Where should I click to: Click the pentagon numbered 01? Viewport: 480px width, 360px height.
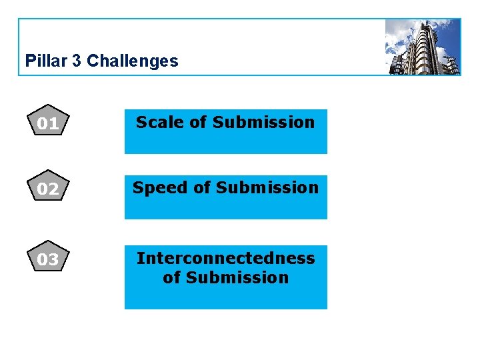click(x=47, y=121)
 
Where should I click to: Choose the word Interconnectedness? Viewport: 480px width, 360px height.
click(x=225, y=258)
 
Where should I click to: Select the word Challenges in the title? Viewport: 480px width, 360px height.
click(x=133, y=61)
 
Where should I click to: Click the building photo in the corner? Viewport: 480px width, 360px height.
click(x=423, y=47)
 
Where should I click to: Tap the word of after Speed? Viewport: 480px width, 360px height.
click(x=201, y=188)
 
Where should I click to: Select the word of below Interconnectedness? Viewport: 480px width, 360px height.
click(x=171, y=277)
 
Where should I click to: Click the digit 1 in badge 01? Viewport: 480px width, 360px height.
click(x=54, y=123)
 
